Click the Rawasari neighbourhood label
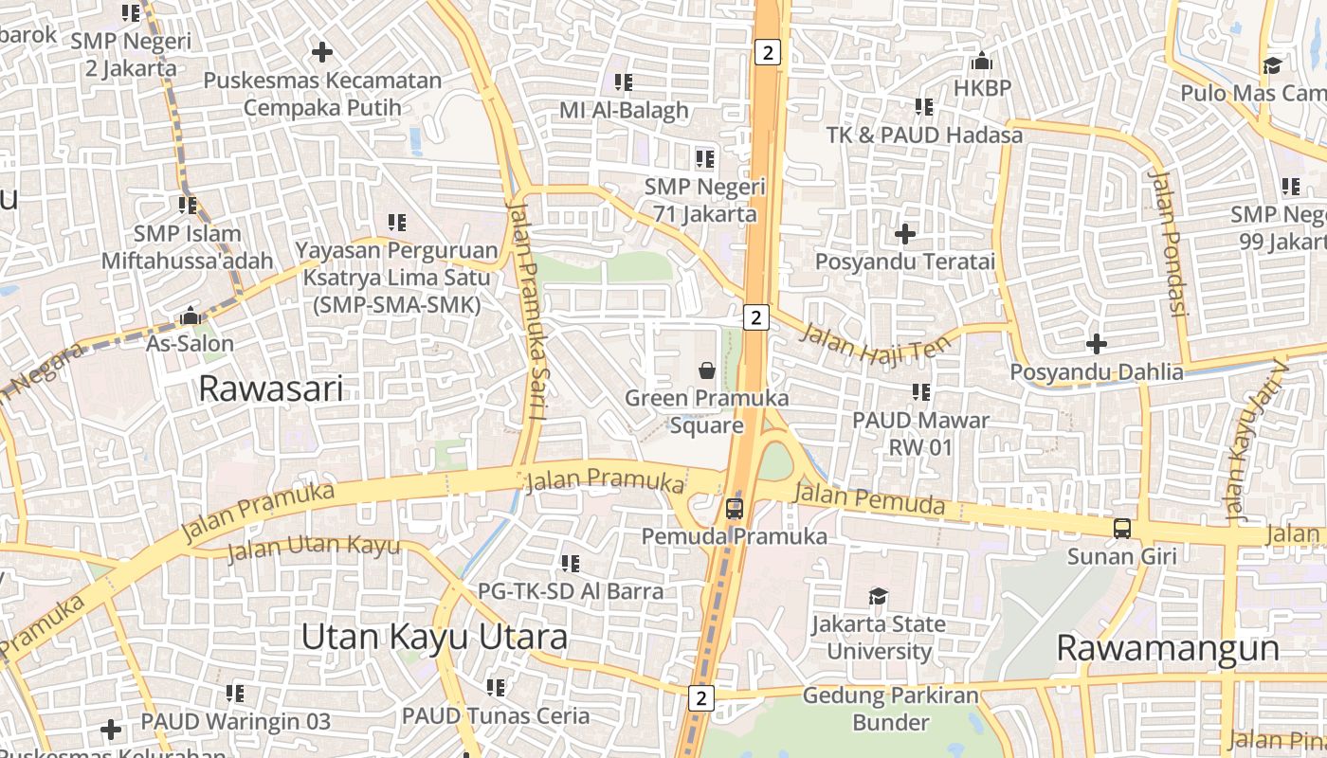click(x=270, y=388)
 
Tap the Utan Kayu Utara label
click(x=434, y=637)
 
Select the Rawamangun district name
click(x=1168, y=649)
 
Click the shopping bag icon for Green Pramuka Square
click(x=707, y=370)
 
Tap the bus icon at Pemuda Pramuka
click(x=734, y=509)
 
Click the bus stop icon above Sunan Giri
click(x=1122, y=529)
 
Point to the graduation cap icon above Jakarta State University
click(x=878, y=597)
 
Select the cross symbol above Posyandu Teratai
click(x=905, y=233)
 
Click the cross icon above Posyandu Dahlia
click(x=1097, y=343)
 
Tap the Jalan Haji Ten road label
click(x=875, y=342)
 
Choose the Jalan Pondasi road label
click(x=1167, y=242)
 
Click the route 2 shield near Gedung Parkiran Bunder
click(x=700, y=698)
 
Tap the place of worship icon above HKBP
click(x=982, y=62)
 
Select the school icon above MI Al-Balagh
click(x=623, y=82)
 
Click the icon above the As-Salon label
click(x=190, y=316)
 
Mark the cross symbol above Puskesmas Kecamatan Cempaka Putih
click(x=322, y=52)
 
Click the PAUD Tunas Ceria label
click(x=496, y=715)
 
